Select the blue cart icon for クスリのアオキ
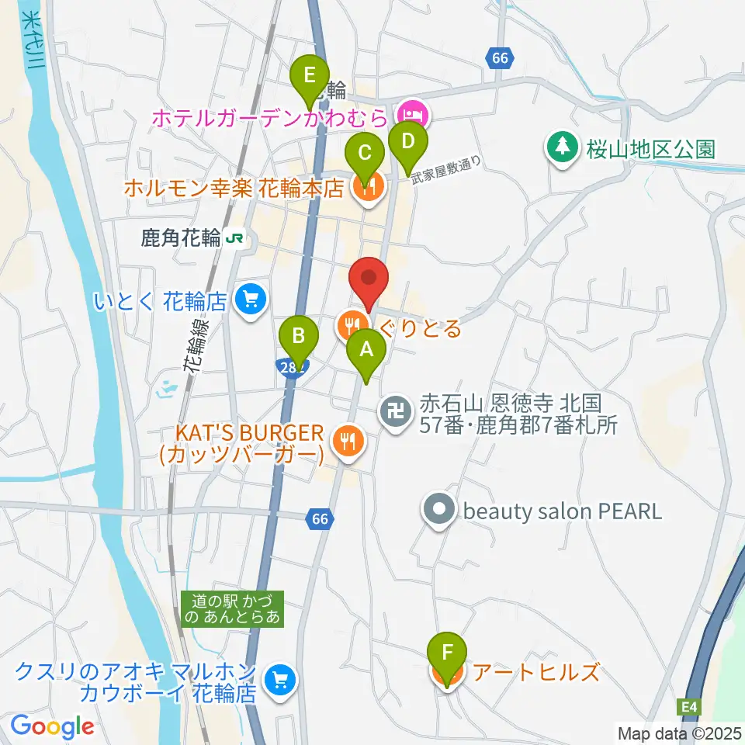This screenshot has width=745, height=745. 277,680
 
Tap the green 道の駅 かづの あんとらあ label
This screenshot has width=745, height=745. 234,608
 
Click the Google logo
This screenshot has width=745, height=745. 53,726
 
